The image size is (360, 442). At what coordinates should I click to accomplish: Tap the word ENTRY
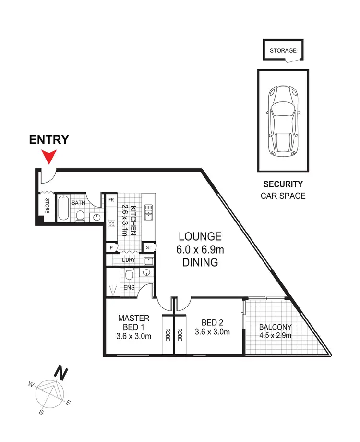click(x=49, y=140)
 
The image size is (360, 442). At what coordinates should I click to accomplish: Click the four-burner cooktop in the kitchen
click(x=111, y=223)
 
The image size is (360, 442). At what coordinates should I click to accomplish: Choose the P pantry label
click(x=111, y=247)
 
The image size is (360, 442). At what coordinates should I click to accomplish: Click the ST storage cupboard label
click(x=149, y=247)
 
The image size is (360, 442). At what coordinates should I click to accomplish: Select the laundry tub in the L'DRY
click(x=148, y=261)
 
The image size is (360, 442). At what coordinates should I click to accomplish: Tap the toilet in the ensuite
click(x=128, y=274)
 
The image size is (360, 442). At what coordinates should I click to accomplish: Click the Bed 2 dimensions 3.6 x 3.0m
click(x=212, y=331)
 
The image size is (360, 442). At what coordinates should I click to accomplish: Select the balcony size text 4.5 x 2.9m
click(x=275, y=335)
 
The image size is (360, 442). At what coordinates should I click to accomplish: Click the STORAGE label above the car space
click(x=283, y=50)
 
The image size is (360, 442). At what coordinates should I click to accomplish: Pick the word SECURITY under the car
click(x=283, y=184)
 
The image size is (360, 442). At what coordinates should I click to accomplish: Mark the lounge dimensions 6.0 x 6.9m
click(x=200, y=249)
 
